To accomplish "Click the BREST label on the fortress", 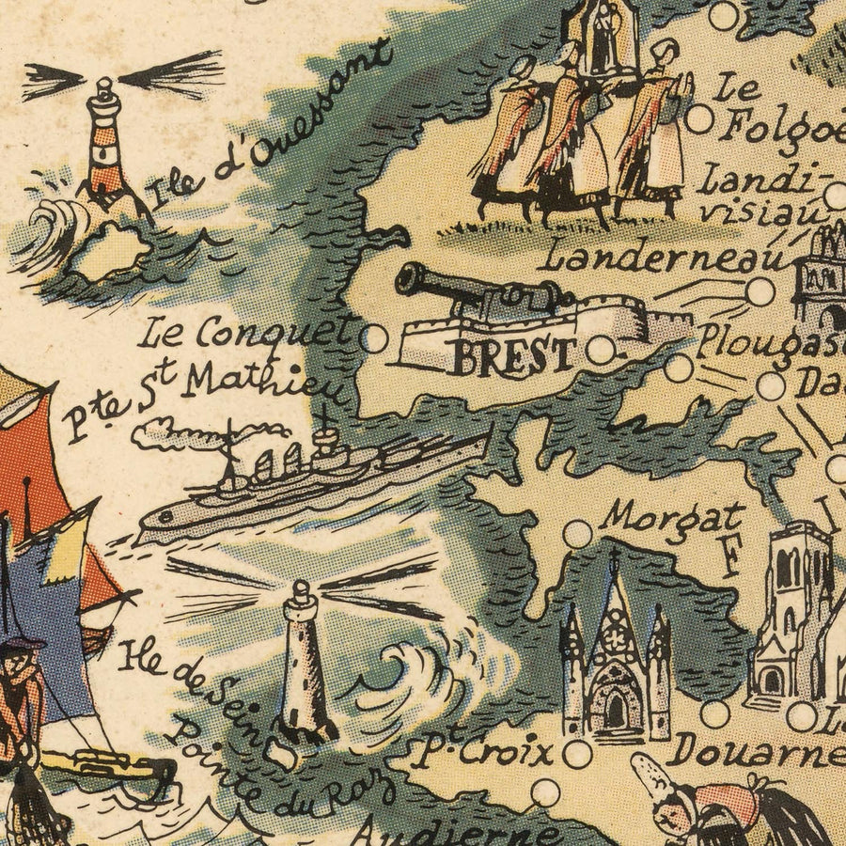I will pos(512,355).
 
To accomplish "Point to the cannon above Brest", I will pos(479,291).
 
